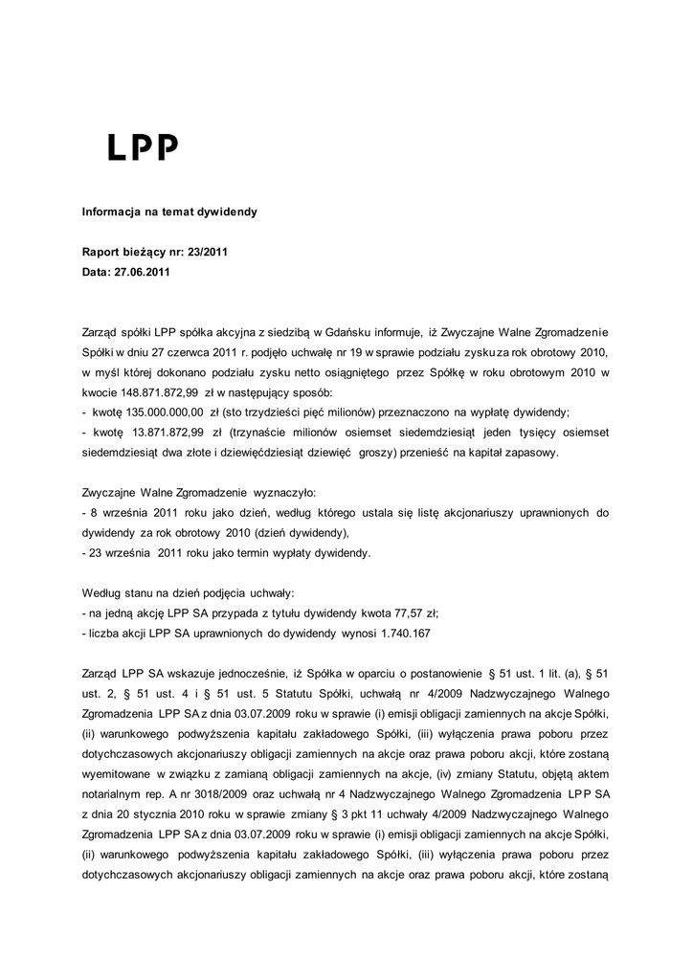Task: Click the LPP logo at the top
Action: coord(142,146)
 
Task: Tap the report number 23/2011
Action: coord(202,253)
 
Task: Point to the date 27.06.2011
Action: coord(143,273)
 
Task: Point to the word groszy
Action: coord(378,453)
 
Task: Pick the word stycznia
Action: coord(172,813)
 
